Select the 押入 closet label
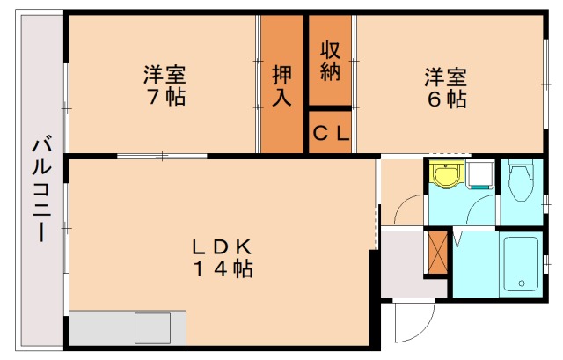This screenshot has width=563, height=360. [x=281, y=84]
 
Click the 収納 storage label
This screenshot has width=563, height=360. [x=330, y=61]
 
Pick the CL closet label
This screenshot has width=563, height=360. [x=331, y=134]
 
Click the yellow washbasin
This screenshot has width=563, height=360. [x=447, y=176]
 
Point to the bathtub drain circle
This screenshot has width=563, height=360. [x=523, y=283]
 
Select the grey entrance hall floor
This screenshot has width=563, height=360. [x=401, y=263]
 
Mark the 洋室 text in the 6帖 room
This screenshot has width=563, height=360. [x=447, y=75]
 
